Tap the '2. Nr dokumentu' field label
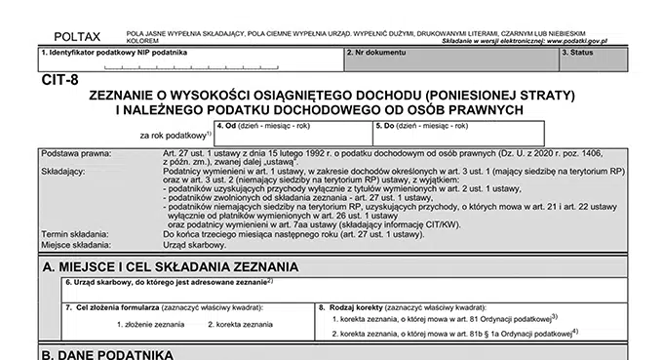(377, 52)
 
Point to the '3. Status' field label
(581, 52)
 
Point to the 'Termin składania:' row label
(77, 234)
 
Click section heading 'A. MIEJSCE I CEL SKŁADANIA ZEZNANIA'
(170, 265)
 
